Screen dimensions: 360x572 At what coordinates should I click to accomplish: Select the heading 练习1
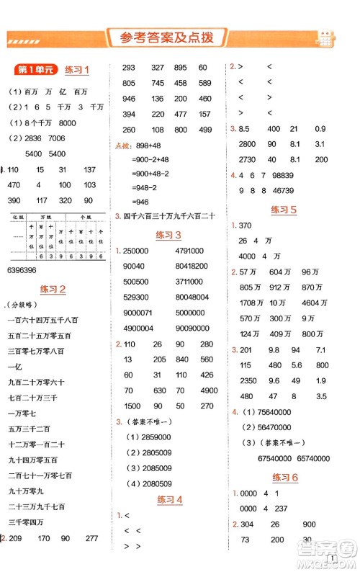tap(76, 70)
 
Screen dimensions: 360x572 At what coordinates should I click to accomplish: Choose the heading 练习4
tap(168, 500)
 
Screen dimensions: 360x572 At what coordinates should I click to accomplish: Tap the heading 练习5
tap(284, 210)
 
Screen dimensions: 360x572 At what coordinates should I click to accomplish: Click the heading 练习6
tap(284, 478)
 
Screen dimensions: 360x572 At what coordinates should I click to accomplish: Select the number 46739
tap(294, 190)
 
